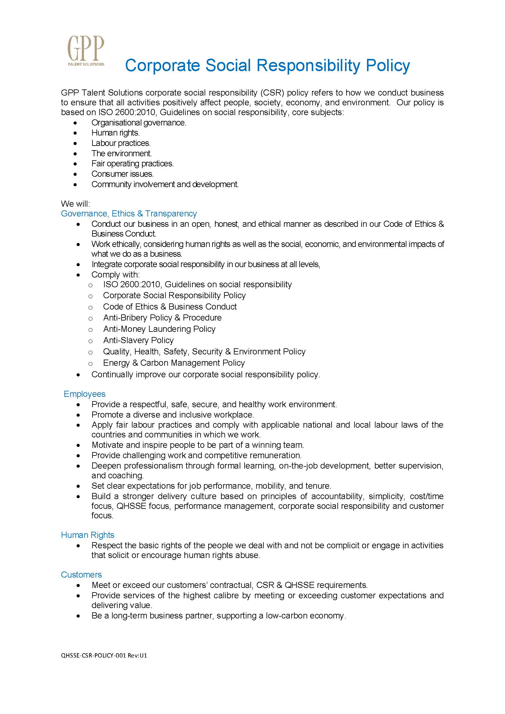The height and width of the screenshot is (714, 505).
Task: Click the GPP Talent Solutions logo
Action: pos(86,51)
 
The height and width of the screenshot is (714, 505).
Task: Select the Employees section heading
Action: pos(85,394)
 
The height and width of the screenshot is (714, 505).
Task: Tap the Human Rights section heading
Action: pos(88,535)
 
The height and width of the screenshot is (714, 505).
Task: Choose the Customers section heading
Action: pos(82,575)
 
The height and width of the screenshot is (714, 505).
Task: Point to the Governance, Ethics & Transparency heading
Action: pos(129,214)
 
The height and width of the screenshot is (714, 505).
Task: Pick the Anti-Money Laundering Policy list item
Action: pos(159,329)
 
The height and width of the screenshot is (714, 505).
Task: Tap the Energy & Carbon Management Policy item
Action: pos(174,363)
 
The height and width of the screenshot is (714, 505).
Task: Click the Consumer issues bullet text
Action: pos(122,174)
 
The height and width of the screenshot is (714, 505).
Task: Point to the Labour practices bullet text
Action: pos(121,143)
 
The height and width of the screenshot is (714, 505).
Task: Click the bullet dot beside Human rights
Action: pos(75,133)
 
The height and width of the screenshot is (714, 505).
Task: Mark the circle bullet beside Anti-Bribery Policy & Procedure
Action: pos(90,318)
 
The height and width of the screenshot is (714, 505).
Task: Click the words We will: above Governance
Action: pos(75,204)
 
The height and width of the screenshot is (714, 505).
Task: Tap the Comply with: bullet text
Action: pos(116,275)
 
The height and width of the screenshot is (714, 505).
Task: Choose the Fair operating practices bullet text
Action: pos(133,164)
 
